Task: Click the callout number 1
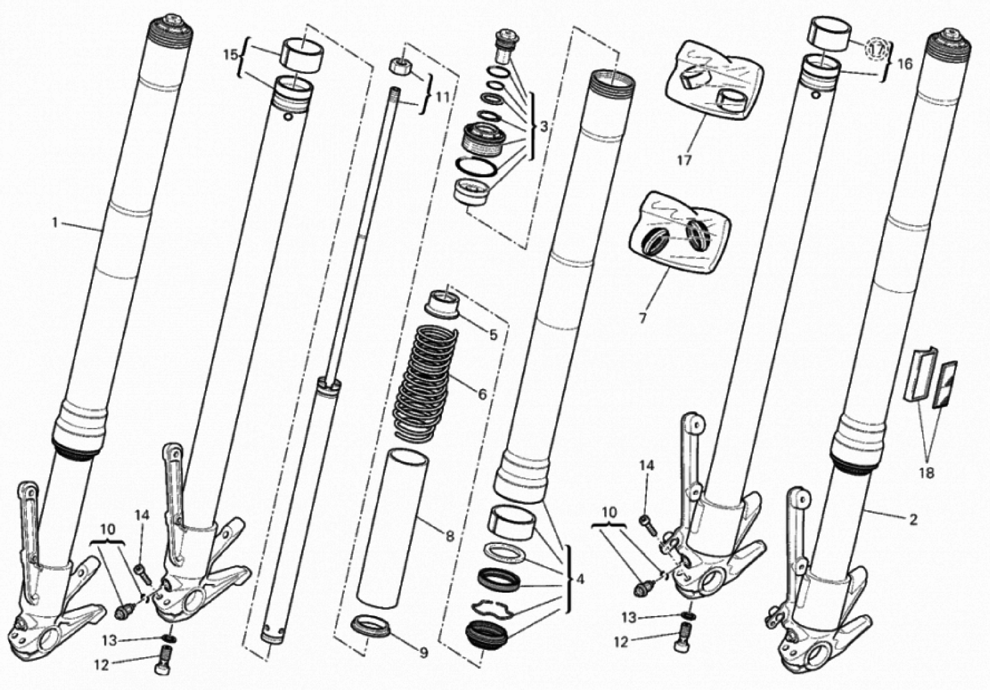(x=55, y=223)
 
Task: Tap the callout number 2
(x=913, y=520)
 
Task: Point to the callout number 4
(x=580, y=579)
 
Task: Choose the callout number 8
(x=450, y=536)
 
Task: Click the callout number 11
(x=442, y=97)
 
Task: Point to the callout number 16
(x=905, y=64)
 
